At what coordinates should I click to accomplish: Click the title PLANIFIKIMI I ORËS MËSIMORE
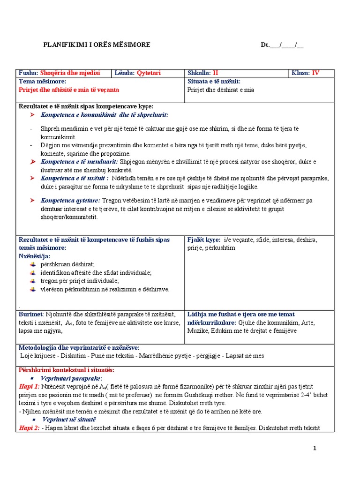tap(97, 45)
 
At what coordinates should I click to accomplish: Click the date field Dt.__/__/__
tap(282, 45)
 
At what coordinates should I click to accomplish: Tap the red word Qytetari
tap(149, 73)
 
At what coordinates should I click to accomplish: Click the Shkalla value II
tap(216, 73)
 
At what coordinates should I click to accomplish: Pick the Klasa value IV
tap(315, 73)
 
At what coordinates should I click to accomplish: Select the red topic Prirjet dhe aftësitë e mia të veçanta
tap(68, 90)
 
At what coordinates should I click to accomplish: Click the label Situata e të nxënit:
tap(214, 82)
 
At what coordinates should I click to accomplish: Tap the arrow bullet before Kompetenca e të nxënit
tap(32, 179)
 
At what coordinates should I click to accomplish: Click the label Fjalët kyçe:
tap(204, 240)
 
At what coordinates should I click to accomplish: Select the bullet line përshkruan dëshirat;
tap(67, 264)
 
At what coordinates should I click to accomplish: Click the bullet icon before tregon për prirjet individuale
tap(32, 281)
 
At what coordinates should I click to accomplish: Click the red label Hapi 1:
tap(29, 386)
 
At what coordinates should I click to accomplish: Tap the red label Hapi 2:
tap(29, 428)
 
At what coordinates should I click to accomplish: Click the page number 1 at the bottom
tap(315, 449)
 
